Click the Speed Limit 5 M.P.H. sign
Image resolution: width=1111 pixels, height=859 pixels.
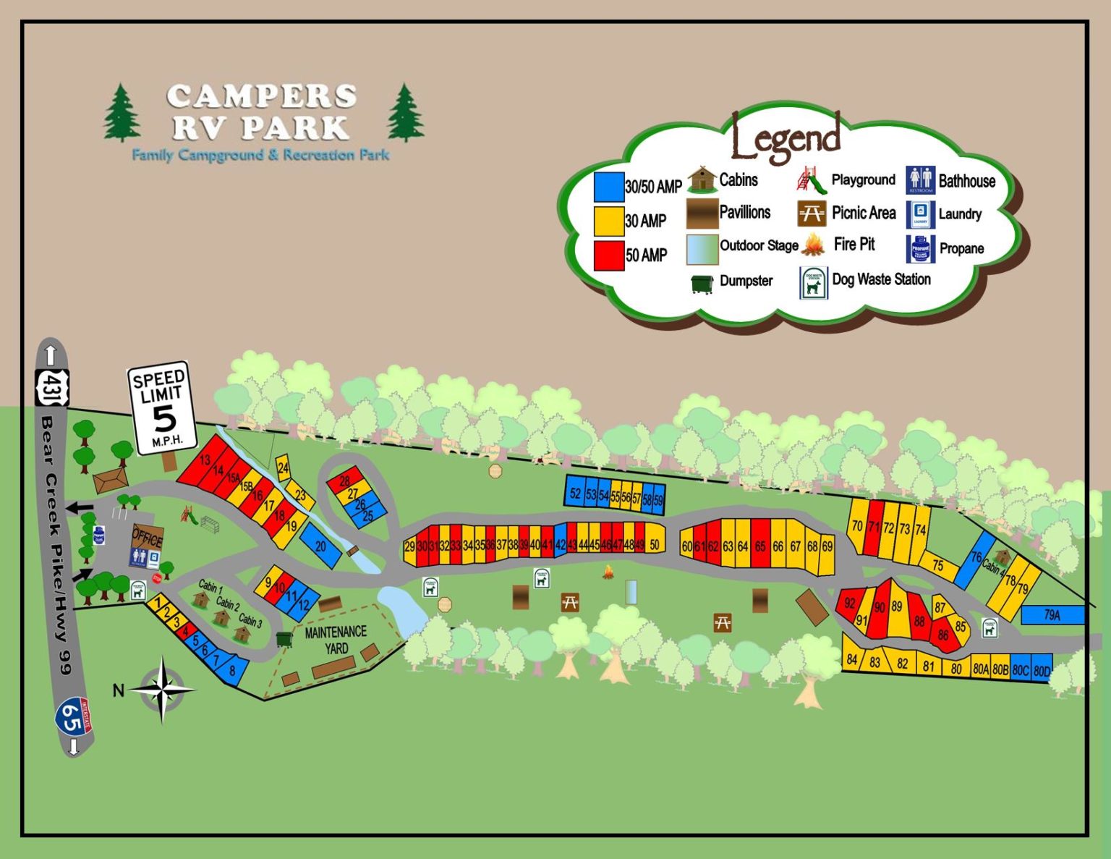point(161,407)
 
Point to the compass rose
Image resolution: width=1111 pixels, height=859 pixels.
point(162,690)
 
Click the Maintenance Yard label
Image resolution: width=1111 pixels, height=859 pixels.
point(336,640)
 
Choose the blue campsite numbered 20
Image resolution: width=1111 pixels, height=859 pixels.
point(320,546)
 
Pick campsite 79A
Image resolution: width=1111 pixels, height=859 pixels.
point(1052,615)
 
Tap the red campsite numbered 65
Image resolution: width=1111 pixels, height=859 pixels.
point(759,546)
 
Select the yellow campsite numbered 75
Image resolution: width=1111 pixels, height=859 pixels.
point(938,566)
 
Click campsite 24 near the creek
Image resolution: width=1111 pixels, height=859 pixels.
point(283,468)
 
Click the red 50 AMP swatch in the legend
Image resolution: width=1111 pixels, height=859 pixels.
point(608,255)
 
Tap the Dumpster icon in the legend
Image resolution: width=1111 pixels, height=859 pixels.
point(701,283)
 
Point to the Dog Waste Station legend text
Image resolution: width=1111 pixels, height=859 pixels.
point(881,279)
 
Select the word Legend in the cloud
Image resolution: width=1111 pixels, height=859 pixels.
point(786,137)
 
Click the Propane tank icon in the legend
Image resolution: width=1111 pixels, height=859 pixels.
point(920,248)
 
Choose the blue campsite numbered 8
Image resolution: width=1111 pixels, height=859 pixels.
point(232,670)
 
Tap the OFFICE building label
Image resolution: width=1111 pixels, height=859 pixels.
point(147,538)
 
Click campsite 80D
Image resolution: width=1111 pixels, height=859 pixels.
point(1042,670)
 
